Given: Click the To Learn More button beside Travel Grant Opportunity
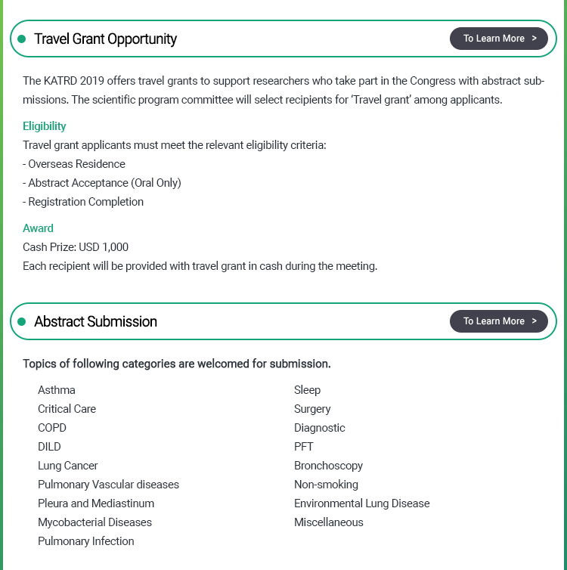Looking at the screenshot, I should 499,39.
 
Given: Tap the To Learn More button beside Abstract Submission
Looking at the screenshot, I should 499,321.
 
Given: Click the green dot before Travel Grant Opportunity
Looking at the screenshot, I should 22,39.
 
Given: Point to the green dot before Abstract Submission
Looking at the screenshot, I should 22,321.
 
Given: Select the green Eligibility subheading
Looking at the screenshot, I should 45,126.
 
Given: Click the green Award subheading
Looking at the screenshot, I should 38,228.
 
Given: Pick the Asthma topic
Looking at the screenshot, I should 57,390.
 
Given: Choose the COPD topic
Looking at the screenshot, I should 52,428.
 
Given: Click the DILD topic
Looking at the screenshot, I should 49,447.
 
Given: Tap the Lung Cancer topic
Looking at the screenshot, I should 68,466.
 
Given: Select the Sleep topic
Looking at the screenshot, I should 308,390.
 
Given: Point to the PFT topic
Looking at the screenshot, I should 304,447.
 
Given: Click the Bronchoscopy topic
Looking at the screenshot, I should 329,466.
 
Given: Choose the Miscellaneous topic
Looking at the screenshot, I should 329,522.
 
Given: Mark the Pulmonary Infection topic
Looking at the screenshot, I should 86,541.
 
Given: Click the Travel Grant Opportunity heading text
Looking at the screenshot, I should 106,39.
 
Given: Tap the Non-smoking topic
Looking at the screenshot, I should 327,485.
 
